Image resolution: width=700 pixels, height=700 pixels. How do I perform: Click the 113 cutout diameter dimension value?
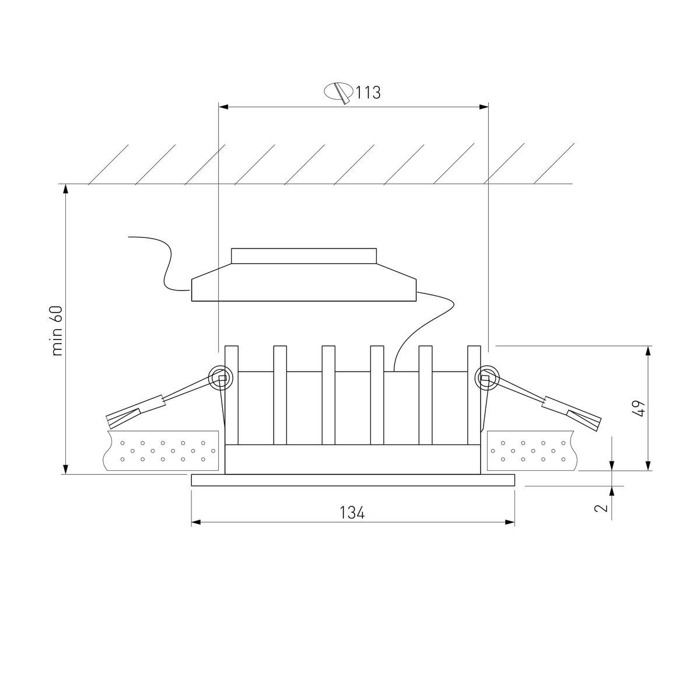367,93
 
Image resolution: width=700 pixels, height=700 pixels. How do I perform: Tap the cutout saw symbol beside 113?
338,93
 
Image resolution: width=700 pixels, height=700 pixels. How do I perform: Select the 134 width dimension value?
352,513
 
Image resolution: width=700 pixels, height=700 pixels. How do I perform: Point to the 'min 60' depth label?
57,330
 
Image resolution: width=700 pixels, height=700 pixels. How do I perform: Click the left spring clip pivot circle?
220,378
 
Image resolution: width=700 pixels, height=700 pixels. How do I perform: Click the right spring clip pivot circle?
487,378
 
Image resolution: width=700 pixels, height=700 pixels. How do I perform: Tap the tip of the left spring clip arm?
108,422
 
